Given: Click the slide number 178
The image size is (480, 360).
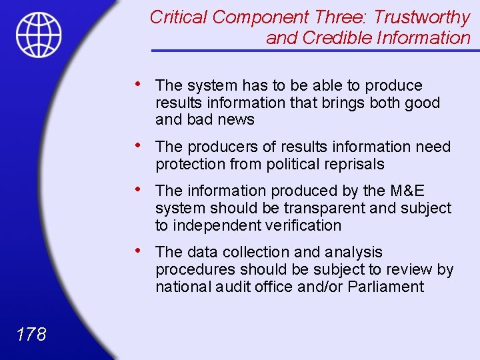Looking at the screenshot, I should point(31,334).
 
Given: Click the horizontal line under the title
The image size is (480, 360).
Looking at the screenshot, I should point(311,51).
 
